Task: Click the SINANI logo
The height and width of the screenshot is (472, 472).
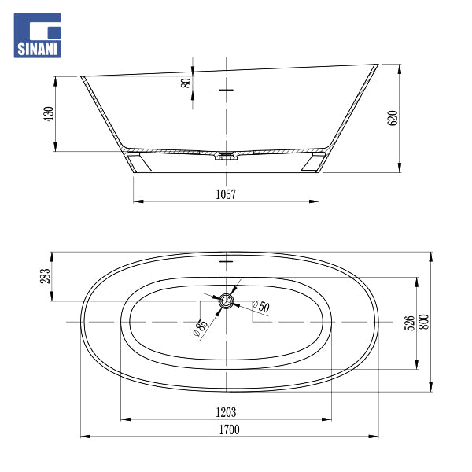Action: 37,35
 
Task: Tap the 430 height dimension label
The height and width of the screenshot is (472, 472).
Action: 49,114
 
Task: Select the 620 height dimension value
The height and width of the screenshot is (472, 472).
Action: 393,118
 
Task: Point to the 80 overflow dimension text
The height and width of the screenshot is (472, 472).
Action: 186,83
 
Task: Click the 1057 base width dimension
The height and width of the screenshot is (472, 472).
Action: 226,194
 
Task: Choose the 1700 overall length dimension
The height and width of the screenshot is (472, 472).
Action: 229,430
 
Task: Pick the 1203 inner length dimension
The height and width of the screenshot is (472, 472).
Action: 226,412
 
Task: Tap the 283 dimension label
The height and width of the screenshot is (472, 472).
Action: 45,276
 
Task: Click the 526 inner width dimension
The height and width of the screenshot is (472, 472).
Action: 409,323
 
